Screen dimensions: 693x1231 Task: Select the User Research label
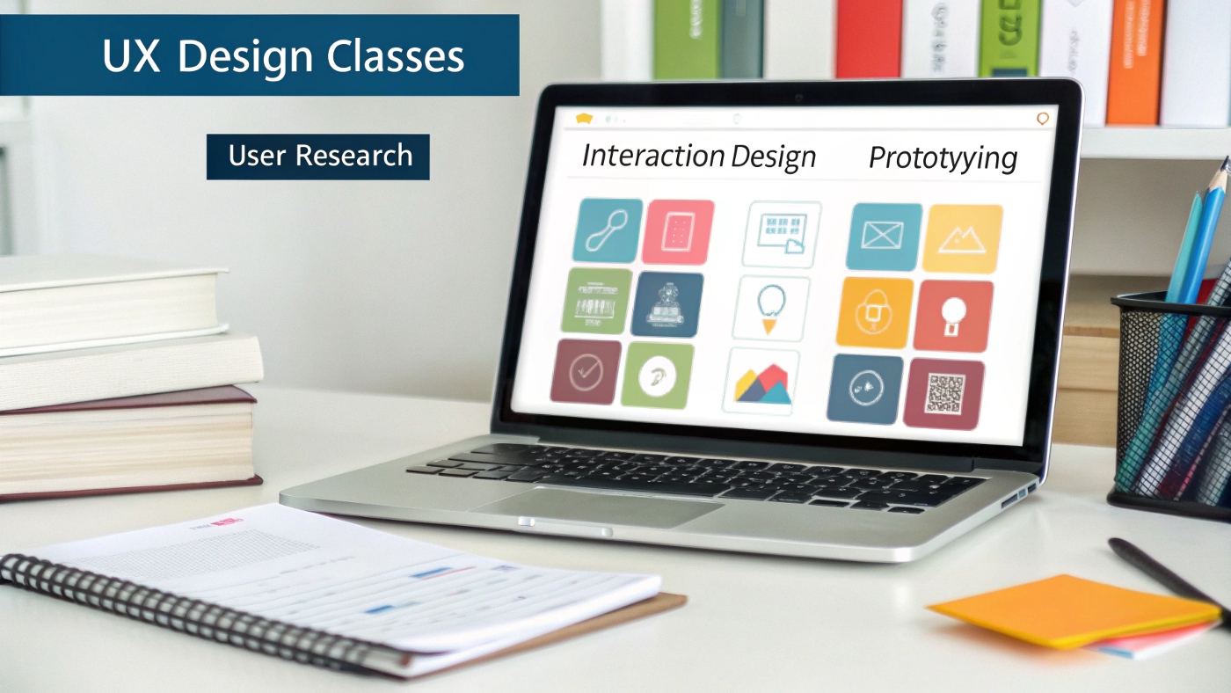tap(319, 157)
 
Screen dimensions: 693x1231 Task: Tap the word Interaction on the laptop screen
tap(652, 156)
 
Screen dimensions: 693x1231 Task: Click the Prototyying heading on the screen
tap(943, 158)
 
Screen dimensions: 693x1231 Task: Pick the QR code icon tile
tap(944, 393)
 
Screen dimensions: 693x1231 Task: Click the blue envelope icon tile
tap(883, 237)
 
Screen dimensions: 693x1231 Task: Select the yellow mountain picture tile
tap(962, 238)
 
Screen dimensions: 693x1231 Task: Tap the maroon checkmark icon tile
tap(586, 371)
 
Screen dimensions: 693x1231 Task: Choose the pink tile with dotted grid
tap(677, 231)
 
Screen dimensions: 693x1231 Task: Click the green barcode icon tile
tap(597, 301)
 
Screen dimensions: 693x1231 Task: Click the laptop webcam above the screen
tap(798, 95)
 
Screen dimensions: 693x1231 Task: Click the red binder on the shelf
tap(869, 40)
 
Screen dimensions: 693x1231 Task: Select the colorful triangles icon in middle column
tap(761, 383)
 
